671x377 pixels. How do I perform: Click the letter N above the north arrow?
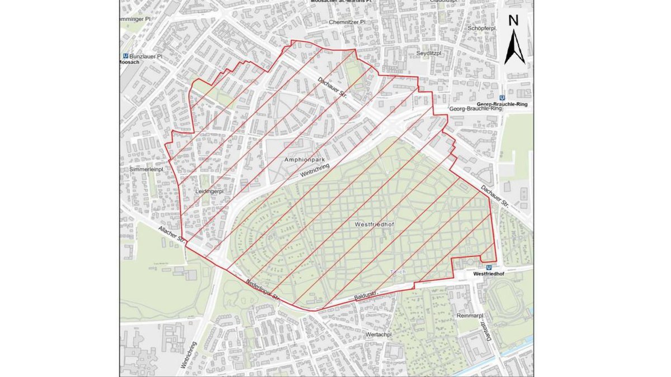click(x=514, y=21)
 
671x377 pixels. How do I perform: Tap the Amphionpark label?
click(x=305, y=160)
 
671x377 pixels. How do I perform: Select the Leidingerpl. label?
click(x=210, y=192)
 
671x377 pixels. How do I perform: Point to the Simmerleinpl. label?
click(x=144, y=169)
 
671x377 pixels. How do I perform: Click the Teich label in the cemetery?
click(x=398, y=271)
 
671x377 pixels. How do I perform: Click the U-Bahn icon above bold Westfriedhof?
click(x=489, y=268)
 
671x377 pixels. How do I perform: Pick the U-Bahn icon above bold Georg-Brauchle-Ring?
click(x=503, y=97)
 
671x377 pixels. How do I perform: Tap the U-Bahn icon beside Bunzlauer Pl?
click(x=126, y=56)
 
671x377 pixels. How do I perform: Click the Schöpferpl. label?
click(x=472, y=27)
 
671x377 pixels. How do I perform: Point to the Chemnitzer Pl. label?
click(x=347, y=22)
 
